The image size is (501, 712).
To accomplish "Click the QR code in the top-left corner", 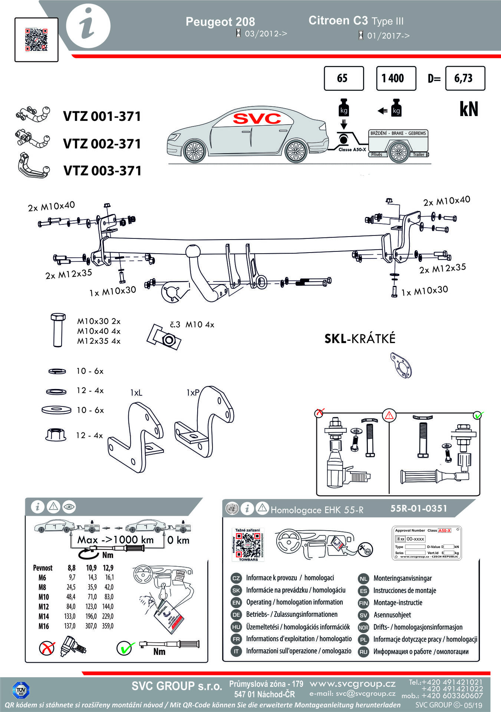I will [36, 40].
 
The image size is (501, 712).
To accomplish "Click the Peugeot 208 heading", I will [220, 22].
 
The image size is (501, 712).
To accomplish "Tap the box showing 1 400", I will [396, 78].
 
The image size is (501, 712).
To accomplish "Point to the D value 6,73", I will [465, 78].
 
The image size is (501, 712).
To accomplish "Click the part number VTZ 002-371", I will [102, 144].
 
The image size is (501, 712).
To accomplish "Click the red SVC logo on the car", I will [257, 118].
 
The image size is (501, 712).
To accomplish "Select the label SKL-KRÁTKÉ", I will [360, 339].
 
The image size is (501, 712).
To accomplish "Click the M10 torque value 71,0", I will [92, 597].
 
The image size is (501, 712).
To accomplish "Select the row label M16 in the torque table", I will [43, 626].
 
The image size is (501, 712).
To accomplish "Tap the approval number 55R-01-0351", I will [419, 508].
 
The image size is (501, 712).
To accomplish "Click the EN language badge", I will [236, 602].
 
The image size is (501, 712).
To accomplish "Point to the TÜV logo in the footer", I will [21, 690].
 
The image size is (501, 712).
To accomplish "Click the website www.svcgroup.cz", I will [352, 683].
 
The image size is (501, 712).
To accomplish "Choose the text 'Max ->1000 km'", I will [115, 540].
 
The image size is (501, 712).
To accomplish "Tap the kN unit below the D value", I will [469, 109].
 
